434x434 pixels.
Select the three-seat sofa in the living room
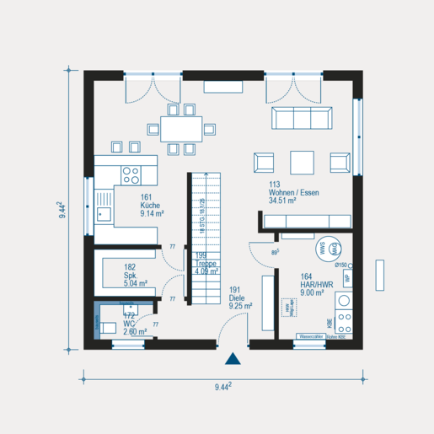click(298, 118)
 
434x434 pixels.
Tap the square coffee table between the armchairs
click(302, 160)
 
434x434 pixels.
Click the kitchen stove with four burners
click(131, 175)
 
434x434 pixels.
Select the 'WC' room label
click(128, 324)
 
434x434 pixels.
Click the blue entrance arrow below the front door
click(233, 359)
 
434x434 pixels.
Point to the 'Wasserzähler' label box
click(309, 337)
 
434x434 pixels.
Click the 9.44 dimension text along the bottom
click(223, 387)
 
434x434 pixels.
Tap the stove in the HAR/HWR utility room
click(344, 321)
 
